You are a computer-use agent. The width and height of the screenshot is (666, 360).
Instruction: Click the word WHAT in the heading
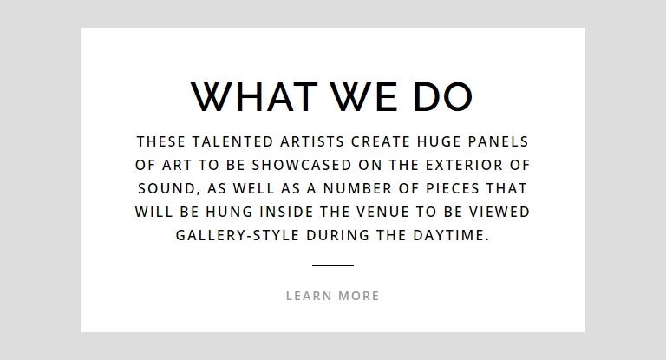coord(254,97)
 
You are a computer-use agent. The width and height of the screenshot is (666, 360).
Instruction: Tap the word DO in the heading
coord(443,97)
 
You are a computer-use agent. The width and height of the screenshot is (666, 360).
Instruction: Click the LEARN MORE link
coord(333,296)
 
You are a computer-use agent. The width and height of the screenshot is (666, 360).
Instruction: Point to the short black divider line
coord(333,265)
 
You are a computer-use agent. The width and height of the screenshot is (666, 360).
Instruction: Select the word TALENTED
coord(232,141)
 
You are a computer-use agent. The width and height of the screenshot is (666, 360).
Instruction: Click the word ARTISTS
coord(312,141)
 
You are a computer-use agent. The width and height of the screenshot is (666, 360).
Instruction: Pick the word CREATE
coord(381,141)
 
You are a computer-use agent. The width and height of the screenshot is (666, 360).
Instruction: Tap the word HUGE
coord(439,141)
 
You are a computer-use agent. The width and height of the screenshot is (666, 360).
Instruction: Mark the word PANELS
coord(499,141)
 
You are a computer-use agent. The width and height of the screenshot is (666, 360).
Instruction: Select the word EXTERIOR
coord(464,165)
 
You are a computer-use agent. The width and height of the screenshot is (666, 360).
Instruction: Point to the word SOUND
coord(166,188)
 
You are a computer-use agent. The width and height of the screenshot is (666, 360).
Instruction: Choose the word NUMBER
coord(357,188)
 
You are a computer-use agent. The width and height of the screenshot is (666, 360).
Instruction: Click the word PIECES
coord(453,188)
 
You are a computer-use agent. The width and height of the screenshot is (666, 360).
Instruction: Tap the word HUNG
coord(229,212)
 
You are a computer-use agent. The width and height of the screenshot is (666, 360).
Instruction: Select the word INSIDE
coord(286,212)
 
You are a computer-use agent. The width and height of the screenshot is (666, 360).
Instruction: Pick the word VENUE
coord(382,212)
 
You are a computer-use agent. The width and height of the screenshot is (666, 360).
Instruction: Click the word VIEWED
coord(499,212)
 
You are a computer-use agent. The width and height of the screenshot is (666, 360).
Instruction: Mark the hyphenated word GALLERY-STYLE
coord(238,235)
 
